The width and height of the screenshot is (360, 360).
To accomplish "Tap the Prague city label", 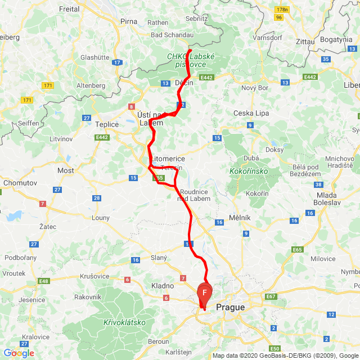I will point(231,307).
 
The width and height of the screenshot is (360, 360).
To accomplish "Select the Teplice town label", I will point(107,124).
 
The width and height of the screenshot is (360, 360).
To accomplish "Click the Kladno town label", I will point(163,286).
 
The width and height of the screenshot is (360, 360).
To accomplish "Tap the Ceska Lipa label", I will point(251,113).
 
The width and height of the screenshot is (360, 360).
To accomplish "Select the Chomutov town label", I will point(20,183).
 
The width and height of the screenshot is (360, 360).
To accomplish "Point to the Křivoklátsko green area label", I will point(125,322).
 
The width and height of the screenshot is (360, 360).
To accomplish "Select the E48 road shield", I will point(44,281).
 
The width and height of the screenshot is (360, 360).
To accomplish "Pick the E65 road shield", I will point(297,249).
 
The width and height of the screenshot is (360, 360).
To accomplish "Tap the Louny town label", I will point(101,217).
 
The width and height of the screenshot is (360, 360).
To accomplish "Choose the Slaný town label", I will point(159,258).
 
